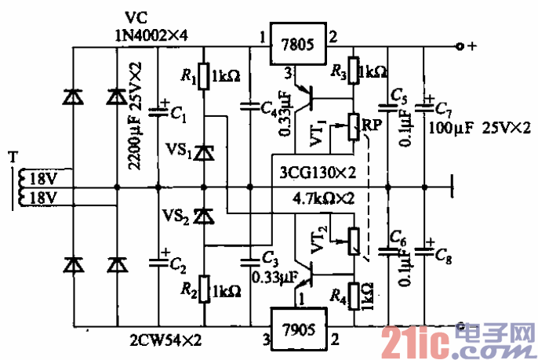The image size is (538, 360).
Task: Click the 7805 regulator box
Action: (x=296, y=45)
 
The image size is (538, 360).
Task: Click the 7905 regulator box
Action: (x=296, y=329)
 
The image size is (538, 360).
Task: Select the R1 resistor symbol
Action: (x=204, y=77)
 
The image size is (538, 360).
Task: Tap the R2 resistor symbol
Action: (x=204, y=289)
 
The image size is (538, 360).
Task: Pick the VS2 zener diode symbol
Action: (x=204, y=213)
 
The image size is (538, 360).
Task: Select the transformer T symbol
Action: (x=16, y=188)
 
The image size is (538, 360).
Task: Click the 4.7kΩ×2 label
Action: (x=322, y=199)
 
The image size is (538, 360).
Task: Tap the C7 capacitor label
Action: (x=442, y=107)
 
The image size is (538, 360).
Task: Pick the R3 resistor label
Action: (x=339, y=73)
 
